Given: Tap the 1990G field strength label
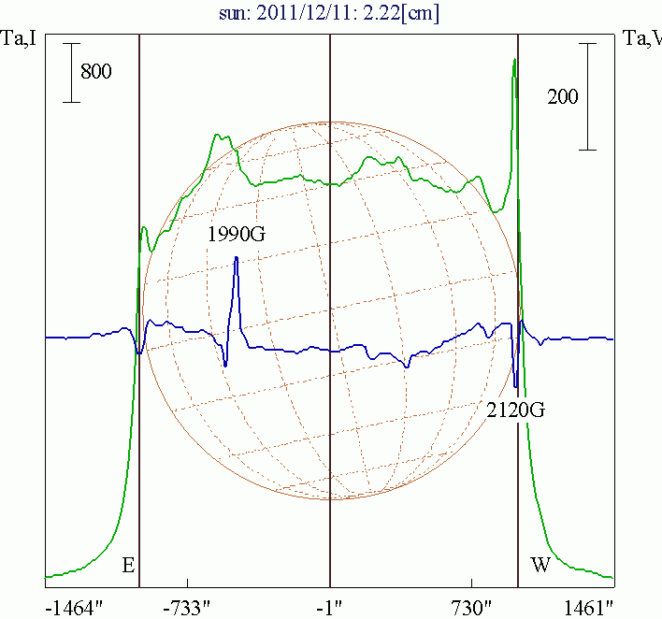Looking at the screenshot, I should pyautogui.click(x=237, y=234).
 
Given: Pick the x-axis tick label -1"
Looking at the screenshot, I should pyautogui.click(x=329, y=607).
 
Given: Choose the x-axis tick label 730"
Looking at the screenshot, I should pyautogui.click(x=471, y=607).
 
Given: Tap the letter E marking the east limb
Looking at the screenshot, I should pyautogui.click(x=129, y=565).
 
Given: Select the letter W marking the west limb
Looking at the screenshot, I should pyautogui.click(x=540, y=565).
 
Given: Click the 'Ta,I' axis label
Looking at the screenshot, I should pyautogui.click(x=19, y=38).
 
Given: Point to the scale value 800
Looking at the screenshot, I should pyautogui.click(x=96, y=71).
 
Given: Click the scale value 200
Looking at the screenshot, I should pyautogui.click(x=563, y=96).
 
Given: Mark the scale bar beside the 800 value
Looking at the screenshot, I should pyautogui.click(x=72, y=71).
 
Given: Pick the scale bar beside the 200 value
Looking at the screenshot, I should pyautogui.click(x=587, y=95).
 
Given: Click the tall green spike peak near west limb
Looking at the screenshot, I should pyautogui.click(x=514, y=62).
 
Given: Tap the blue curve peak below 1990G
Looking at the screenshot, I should pyautogui.click(x=237, y=258).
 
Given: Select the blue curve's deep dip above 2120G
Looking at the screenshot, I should pyautogui.click(x=515, y=384).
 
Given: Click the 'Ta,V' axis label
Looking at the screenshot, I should pyautogui.click(x=643, y=38).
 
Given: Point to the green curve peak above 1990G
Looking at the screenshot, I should pyautogui.click(x=217, y=136).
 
